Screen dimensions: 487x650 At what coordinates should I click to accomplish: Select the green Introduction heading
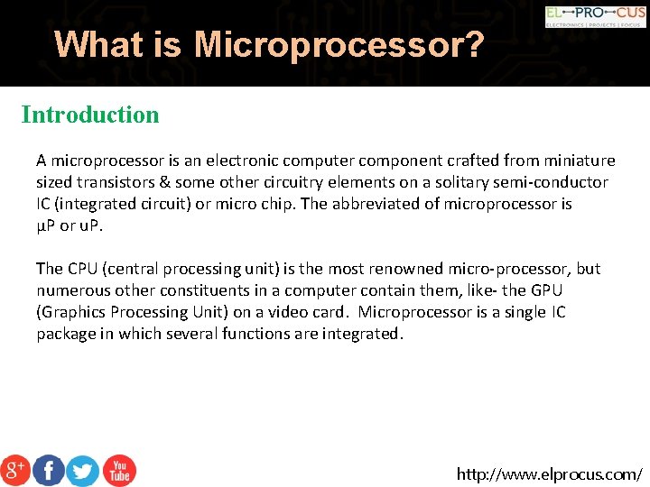90,115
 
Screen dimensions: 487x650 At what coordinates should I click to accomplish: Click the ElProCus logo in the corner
595,16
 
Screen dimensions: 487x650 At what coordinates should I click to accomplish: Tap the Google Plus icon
15,470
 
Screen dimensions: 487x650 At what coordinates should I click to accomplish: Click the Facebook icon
49,470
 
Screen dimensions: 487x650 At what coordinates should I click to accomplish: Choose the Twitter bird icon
83,470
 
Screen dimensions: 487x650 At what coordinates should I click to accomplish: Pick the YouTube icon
118,470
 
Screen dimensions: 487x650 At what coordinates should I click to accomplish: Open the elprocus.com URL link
550,473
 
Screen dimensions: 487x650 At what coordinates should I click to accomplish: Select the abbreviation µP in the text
45,225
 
